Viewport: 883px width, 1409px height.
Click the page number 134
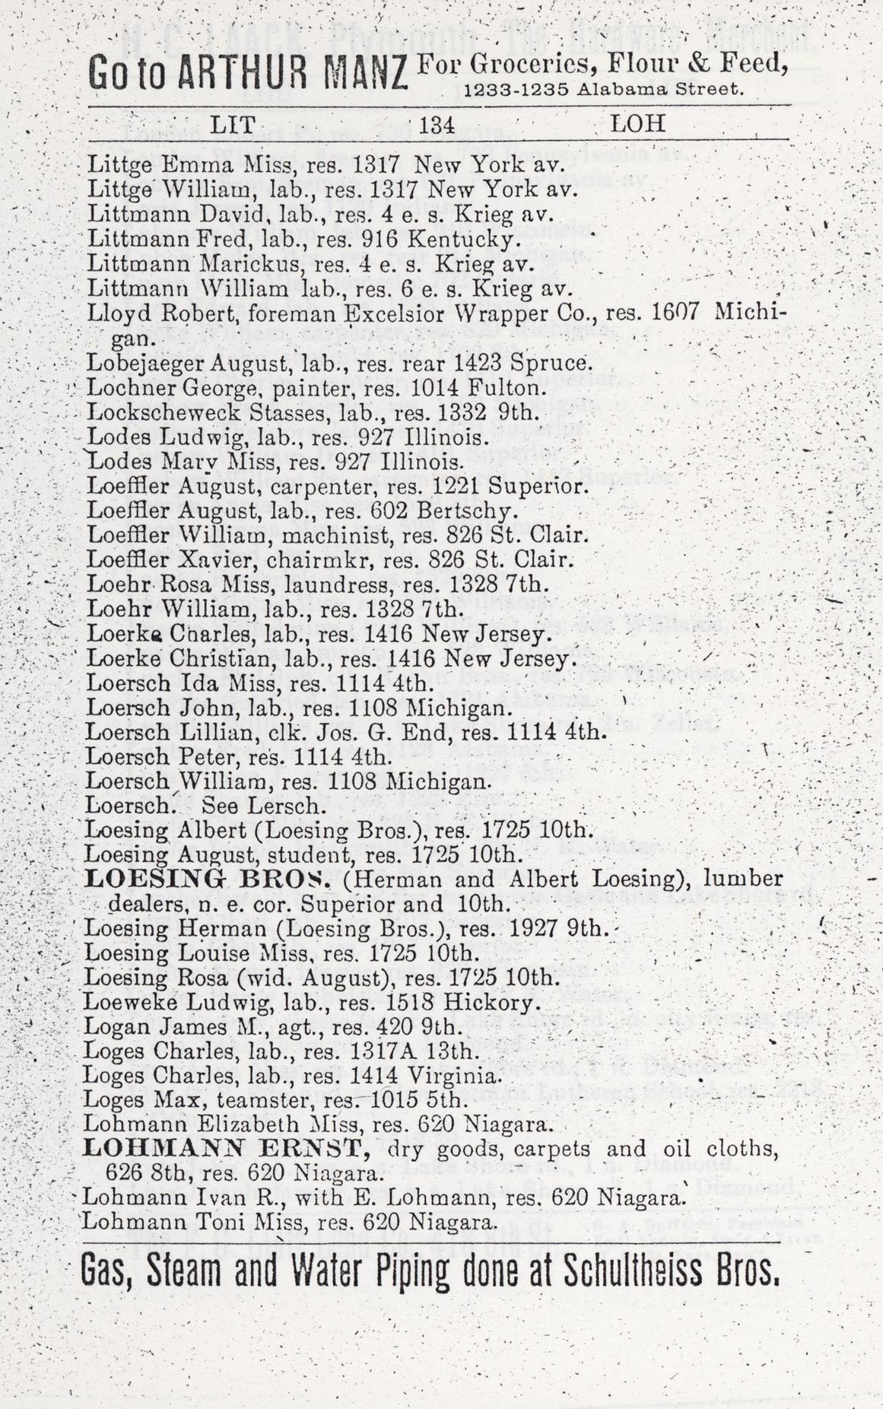437,125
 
